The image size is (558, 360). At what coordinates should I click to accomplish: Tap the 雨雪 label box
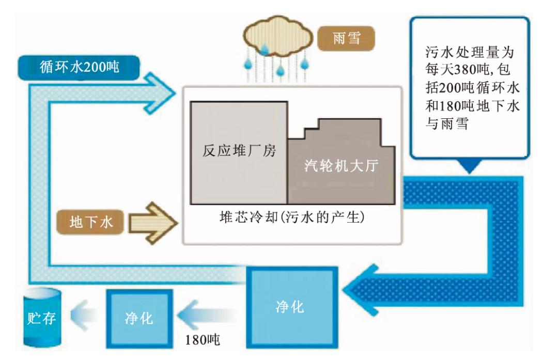point(345,40)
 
